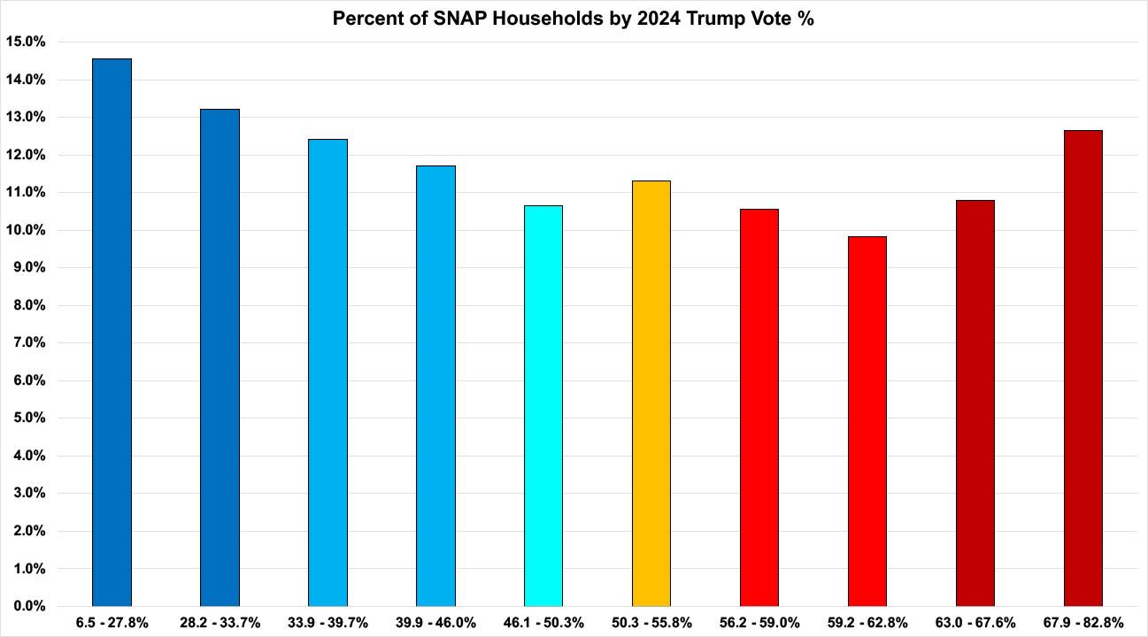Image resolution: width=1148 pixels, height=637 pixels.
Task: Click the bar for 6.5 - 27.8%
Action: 112,332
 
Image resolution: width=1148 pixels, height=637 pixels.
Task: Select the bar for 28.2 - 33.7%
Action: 220,357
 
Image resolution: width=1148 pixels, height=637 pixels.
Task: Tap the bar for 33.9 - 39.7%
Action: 327,372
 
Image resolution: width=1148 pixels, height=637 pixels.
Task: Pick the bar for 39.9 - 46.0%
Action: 435,386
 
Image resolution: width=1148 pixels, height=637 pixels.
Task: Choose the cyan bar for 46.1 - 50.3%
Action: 543,405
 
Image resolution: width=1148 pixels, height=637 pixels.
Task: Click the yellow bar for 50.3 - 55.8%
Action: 651,393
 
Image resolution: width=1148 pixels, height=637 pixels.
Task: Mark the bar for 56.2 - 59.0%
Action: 759,407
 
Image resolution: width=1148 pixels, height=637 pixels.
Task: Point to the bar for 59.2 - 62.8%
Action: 867,421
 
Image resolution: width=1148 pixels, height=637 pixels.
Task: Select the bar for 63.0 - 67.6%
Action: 975,403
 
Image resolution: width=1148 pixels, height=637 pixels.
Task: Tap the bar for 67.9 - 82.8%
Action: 1083,368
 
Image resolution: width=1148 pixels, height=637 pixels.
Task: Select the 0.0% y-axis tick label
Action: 28,606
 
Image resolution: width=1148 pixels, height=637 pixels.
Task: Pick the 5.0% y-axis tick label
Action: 28,418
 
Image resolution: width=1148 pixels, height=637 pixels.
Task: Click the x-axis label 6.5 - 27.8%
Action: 112,622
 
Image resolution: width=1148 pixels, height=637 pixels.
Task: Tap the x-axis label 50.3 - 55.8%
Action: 651,622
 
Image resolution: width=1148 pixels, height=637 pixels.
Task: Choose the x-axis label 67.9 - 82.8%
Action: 1083,622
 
